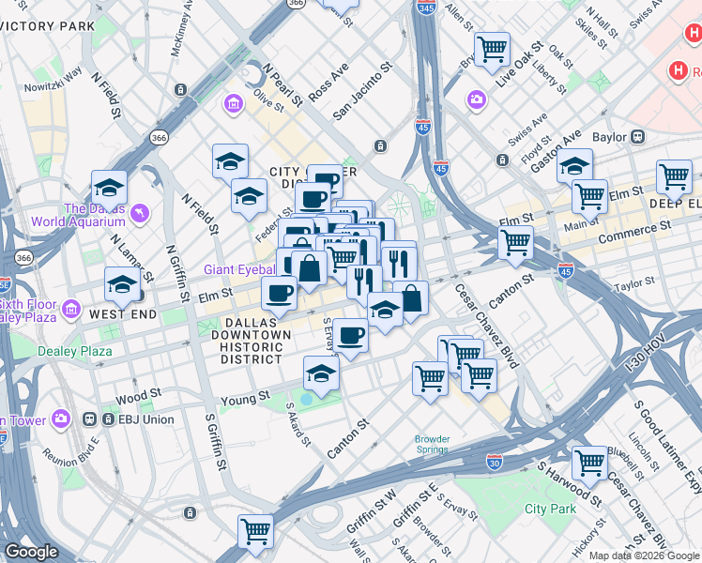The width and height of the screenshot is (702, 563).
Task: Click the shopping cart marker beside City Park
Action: (589, 461)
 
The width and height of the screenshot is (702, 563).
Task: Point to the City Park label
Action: (550, 509)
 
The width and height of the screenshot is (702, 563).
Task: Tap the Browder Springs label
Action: (433, 444)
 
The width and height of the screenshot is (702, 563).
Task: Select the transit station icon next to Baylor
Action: (638, 137)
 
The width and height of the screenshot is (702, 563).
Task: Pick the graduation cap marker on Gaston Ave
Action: (574, 167)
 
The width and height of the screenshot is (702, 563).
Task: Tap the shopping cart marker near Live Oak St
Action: (492, 48)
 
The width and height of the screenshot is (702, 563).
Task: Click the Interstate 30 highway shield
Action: (495, 462)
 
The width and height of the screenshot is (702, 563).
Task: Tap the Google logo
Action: (31, 552)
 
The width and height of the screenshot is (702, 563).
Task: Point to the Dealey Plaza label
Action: (74, 352)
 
